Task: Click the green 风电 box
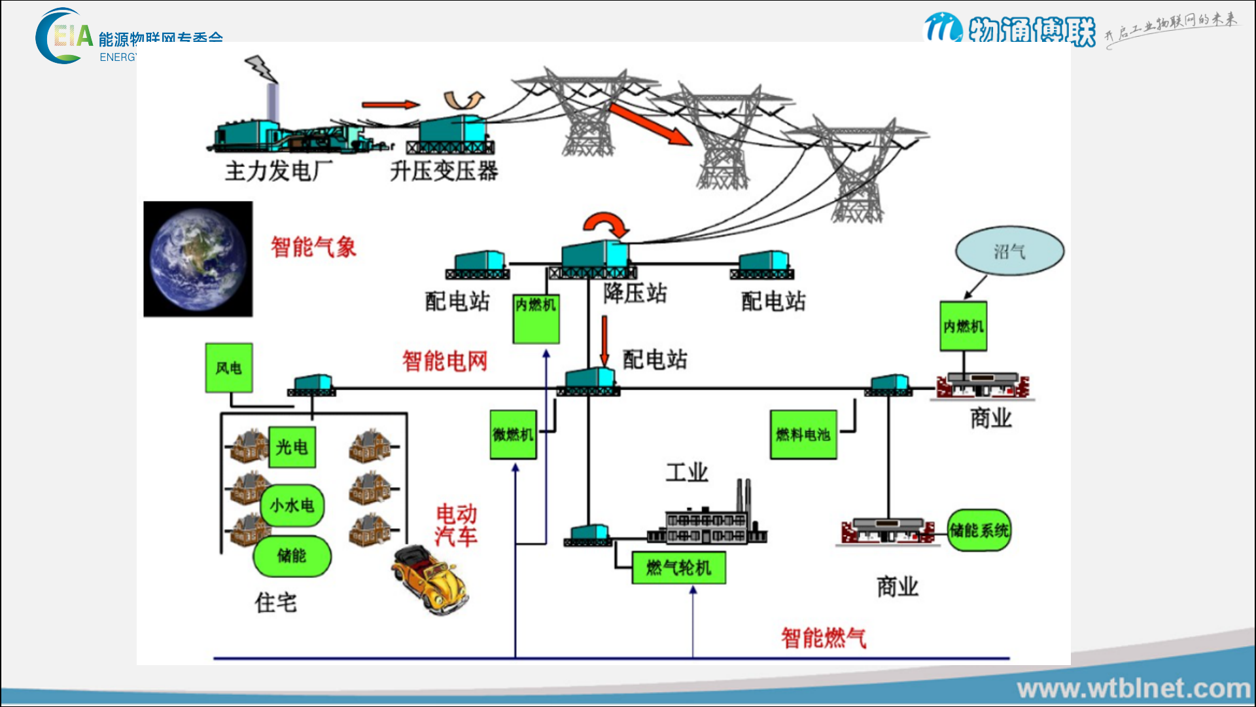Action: (228, 368)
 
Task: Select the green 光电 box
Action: (292, 447)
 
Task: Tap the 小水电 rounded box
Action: (292, 505)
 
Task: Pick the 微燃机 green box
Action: (514, 435)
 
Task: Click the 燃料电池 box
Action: (803, 435)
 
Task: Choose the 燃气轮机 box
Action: (678, 568)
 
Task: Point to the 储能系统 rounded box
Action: (979, 530)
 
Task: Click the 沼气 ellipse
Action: (1009, 251)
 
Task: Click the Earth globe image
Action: (198, 259)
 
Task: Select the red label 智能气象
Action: (313, 247)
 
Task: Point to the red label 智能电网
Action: (445, 361)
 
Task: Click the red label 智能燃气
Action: (824, 638)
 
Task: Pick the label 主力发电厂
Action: (279, 172)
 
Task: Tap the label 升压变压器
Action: (444, 172)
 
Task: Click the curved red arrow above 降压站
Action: (606, 224)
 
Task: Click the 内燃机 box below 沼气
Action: (963, 326)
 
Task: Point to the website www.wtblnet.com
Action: (1134, 689)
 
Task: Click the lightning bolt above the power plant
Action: (261, 67)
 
